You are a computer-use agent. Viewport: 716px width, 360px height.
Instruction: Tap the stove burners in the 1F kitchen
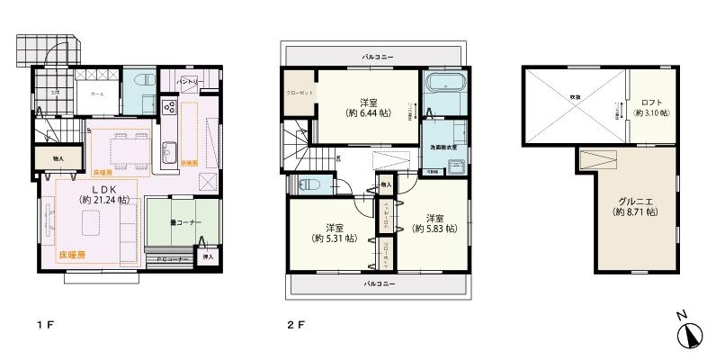pyautogui.click(x=168, y=108)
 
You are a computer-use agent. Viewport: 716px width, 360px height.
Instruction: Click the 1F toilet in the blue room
pyautogui.click(x=140, y=83)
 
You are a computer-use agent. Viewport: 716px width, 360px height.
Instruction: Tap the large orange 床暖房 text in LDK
pyautogui.click(x=74, y=256)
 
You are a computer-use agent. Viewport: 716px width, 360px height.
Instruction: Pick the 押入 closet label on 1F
pyautogui.click(x=209, y=256)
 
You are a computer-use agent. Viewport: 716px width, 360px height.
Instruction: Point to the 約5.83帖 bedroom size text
pyautogui.click(x=435, y=229)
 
